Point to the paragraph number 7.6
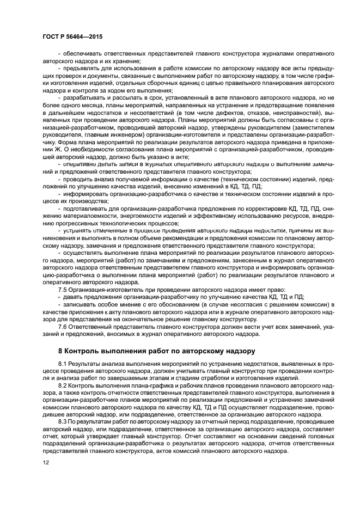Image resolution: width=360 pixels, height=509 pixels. pos(63,326)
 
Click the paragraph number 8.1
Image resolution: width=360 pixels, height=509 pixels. pos(63,362)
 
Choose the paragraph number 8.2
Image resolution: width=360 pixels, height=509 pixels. pos(63,384)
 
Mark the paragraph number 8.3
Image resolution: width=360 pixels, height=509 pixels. pos(63,420)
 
